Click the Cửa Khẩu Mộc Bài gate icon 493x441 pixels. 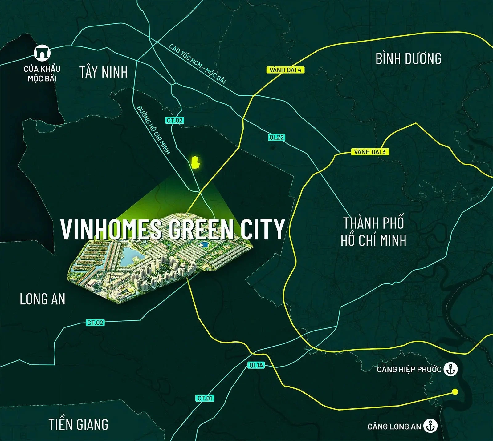42,53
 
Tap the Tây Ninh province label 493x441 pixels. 104,72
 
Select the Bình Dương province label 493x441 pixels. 408,59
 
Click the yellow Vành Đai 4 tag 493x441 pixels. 285,70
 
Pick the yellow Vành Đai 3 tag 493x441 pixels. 370,152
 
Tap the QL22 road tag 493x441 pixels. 276,137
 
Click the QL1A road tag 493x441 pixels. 256,365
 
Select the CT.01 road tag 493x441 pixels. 205,398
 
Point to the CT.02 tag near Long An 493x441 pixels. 95,323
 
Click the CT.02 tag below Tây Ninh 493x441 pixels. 175,120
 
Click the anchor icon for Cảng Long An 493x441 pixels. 430,426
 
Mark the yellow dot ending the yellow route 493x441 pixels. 455,392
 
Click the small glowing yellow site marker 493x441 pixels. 195,162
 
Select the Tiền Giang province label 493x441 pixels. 78,424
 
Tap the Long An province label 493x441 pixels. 43,299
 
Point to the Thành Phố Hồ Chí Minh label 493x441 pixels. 373,232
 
